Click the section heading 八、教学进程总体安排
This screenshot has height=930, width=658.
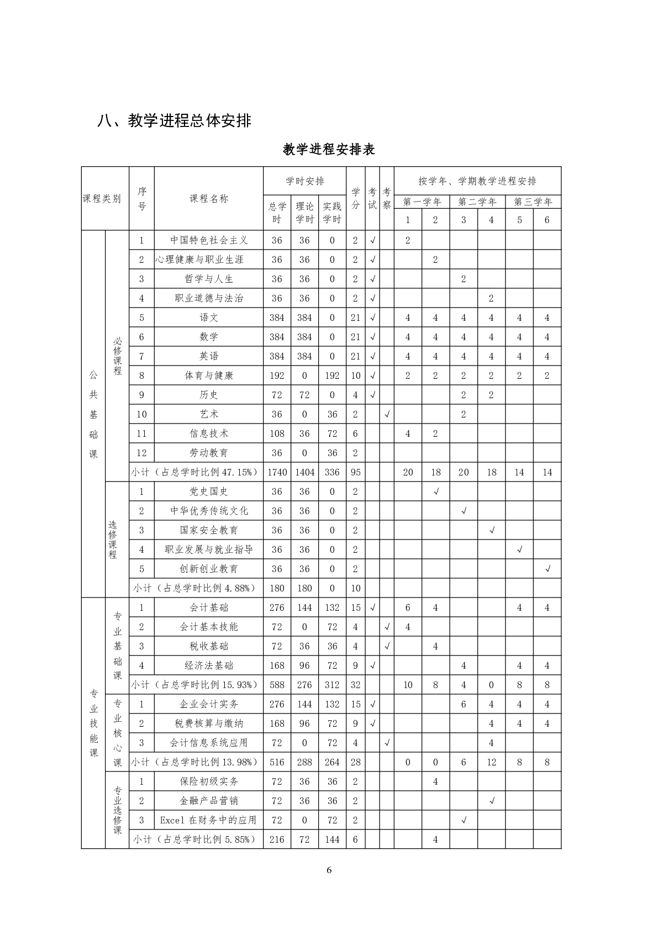pos(174,120)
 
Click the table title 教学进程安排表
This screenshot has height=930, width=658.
pos(329,149)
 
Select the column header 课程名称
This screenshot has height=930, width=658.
pos(209,199)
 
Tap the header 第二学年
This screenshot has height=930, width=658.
pos(477,202)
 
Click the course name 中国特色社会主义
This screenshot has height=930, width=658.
pos(209,240)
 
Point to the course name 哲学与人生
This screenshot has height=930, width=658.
pos(209,279)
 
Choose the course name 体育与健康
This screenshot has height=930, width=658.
pos(209,376)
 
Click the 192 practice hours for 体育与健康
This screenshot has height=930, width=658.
pos(332,376)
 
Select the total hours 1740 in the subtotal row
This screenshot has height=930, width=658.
pos(277,472)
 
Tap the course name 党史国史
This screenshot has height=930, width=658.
pos(209,492)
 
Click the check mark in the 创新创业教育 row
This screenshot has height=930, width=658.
pos(548,569)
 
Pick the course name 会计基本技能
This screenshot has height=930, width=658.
pos(209,627)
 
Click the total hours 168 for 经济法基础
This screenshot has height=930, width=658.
pos(277,665)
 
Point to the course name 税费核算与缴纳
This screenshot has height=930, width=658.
pos(209,723)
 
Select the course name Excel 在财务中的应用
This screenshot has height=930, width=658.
pos(209,820)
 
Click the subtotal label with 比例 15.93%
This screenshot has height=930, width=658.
pos(194,685)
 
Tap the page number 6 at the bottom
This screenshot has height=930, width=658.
pos(329,870)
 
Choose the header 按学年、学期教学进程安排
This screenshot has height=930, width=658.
pos(477,181)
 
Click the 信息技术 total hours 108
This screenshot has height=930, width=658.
pos(277,434)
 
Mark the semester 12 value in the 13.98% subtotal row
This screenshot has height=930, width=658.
pos(491,762)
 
